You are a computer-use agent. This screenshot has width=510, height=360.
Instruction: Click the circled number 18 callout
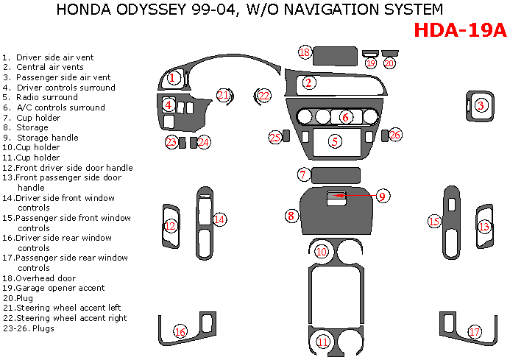click(x=305, y=52)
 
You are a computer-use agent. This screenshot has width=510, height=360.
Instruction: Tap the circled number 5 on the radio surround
click(x=335, y=141)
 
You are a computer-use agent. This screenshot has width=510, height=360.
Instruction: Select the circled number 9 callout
click(x=382, y=196)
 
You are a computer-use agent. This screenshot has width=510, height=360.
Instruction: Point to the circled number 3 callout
click(x=481, y=106)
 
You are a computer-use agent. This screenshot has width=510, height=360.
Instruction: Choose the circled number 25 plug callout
click(x=275, y=137)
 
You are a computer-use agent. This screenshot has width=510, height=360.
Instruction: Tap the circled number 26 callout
click(x=396, y=135)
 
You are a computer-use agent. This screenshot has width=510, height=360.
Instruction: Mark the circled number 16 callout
click(x=180, y=332)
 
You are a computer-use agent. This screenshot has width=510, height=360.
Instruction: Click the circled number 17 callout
click(x=475, y=332)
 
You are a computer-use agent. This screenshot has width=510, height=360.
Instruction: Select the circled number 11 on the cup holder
click(x=322, y=342)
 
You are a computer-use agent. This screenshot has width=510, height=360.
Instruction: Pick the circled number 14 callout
click(x=219, y=219)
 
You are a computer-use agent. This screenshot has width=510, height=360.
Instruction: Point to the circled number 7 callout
click(x=302, y=174)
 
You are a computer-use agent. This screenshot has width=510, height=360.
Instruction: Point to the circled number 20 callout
click(x=389, y=63)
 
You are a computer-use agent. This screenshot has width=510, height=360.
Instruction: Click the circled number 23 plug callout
click(x=171, y=141)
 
